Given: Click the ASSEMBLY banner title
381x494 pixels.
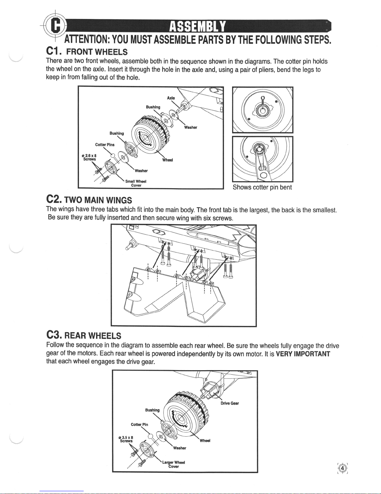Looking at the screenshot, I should click(197, 26).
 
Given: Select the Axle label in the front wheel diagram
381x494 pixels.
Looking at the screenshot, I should click(171, 98).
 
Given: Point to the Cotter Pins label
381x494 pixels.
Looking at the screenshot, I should click(105, 145).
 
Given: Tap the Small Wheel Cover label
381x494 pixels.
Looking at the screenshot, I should click(136, 183).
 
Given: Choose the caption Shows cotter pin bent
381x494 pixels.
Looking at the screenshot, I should click(262, 187).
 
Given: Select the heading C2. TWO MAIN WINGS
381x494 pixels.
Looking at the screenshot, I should click(89, 200).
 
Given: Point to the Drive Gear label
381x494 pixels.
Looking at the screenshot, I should click(230, 403).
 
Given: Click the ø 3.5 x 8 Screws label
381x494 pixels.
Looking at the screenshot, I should click(126, 439).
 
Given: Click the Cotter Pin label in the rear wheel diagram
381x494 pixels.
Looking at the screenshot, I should click(139, 424).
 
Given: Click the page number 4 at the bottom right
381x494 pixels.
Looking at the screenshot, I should click(342, 468).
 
